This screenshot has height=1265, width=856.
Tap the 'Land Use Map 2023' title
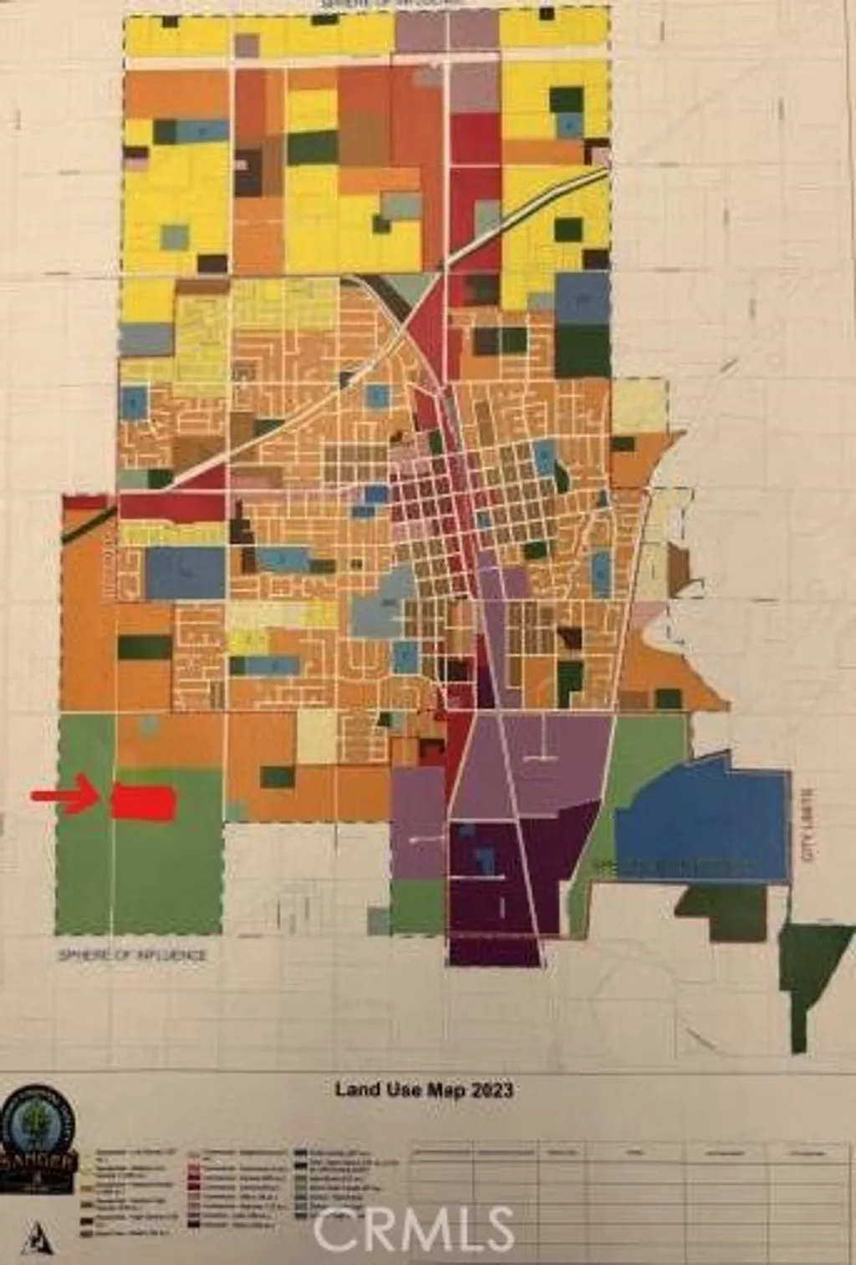click(x=424, y=1090)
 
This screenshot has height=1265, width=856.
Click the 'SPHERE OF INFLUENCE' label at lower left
click(x=132, y=955)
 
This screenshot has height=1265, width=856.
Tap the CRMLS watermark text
click(x=414, y=1228)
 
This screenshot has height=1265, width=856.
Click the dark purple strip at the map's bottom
click(x=495, y=951)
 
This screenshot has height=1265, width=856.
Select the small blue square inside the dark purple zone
click(x=484, y=861)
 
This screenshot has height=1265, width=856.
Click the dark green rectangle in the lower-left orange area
click(x=144, y=647)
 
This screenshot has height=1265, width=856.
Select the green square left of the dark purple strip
click(x=417, y=907)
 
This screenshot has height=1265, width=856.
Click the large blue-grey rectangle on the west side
click(x=186, y=572)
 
